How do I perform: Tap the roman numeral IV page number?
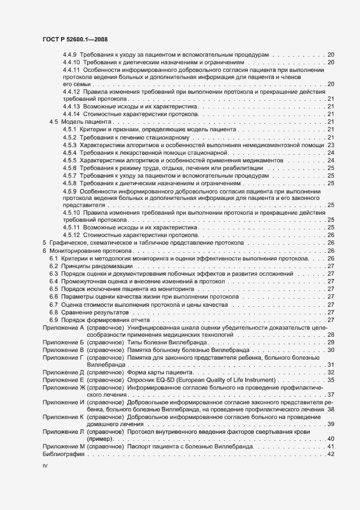pyautogui.click(x=45, y=466)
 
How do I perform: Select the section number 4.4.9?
pyautogui.click(x=70, y=55)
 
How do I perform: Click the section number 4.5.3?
pyautogui.click(x=69, y=145)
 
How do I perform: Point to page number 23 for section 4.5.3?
pyautogui.click(x=330, y=145)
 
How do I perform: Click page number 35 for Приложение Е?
pyautogui.click(x=330, y=394)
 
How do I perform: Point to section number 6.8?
pyautogui.click(x=54, y=312)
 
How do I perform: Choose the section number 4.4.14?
pyautogui.click(x=71, y=114)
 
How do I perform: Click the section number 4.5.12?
pyautogui.click(x=71, y=235)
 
